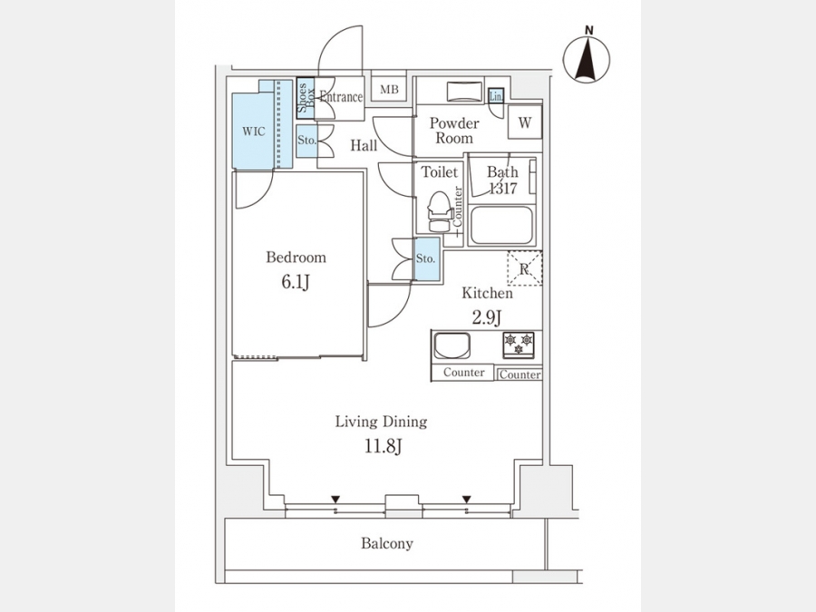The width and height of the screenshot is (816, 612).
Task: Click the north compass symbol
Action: pyautogui.click(x=587, y=59)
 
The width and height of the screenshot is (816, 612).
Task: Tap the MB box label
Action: pyautogui.click(x=389, y=89)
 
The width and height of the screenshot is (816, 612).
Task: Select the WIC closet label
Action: pyautogui.click(x=253, y=131)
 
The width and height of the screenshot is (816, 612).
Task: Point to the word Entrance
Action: pyautogui.click(x=341, y=97)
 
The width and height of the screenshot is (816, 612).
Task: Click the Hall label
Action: pyautogui.click(x=364, y=145)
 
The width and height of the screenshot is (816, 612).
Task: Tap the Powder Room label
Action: pyautogui.click(x=454, y=131)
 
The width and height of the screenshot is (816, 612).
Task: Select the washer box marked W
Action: pyautogui.click(x=525, y=122)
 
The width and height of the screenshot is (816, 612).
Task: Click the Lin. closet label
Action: pyautogui.click(x=496, y=95)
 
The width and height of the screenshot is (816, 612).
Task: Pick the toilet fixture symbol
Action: pyautogui.click(x=439, y=210)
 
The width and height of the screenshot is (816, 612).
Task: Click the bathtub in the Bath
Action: pyautogui.click(x=501, y=225)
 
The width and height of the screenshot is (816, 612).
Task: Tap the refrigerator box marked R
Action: pyautogui.click(x=524, y=268)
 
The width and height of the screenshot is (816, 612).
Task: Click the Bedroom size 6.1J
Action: pyautogui.click(x=296, y=281)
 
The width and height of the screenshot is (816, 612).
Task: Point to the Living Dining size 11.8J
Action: pyautogui.click(x=381, y=445)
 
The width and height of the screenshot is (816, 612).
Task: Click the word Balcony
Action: pyautogui.click(x=387, y=544)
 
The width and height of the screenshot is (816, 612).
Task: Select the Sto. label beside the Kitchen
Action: pyautogui.click(x=426, y=258)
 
